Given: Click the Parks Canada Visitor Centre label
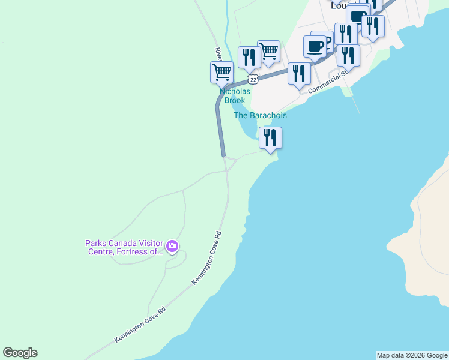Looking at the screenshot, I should point(124,247).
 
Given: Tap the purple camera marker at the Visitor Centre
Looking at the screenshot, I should point(172,246).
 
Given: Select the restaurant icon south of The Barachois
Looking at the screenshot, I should point(270,137).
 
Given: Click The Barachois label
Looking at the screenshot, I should point(260,115).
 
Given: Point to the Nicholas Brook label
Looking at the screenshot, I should point(235,96).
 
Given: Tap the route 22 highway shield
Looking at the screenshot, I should point(253,79).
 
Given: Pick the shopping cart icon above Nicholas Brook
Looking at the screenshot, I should point(221,72).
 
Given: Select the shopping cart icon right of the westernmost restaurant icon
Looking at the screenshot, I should point(268,51).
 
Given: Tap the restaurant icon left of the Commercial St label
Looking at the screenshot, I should point(298,73).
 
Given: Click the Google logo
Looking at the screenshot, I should point(20,353).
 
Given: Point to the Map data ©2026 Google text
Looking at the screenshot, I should point(412,355).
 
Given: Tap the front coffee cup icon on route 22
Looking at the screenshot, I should point(315,46).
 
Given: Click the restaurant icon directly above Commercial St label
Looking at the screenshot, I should point(348,55).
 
